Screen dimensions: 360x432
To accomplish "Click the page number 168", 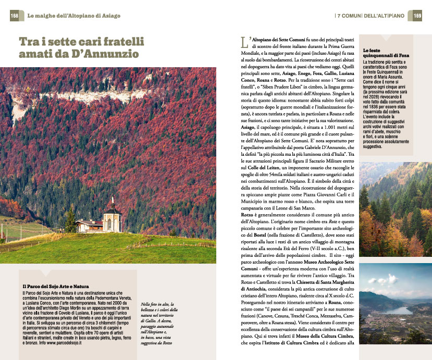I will click(x=14, y=16).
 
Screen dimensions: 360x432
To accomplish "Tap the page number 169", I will click(x=417, y=16).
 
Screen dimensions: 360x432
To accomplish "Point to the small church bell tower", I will click(x=112, y=208).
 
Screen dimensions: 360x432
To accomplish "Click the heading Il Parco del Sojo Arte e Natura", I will click(x=56, y=287).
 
